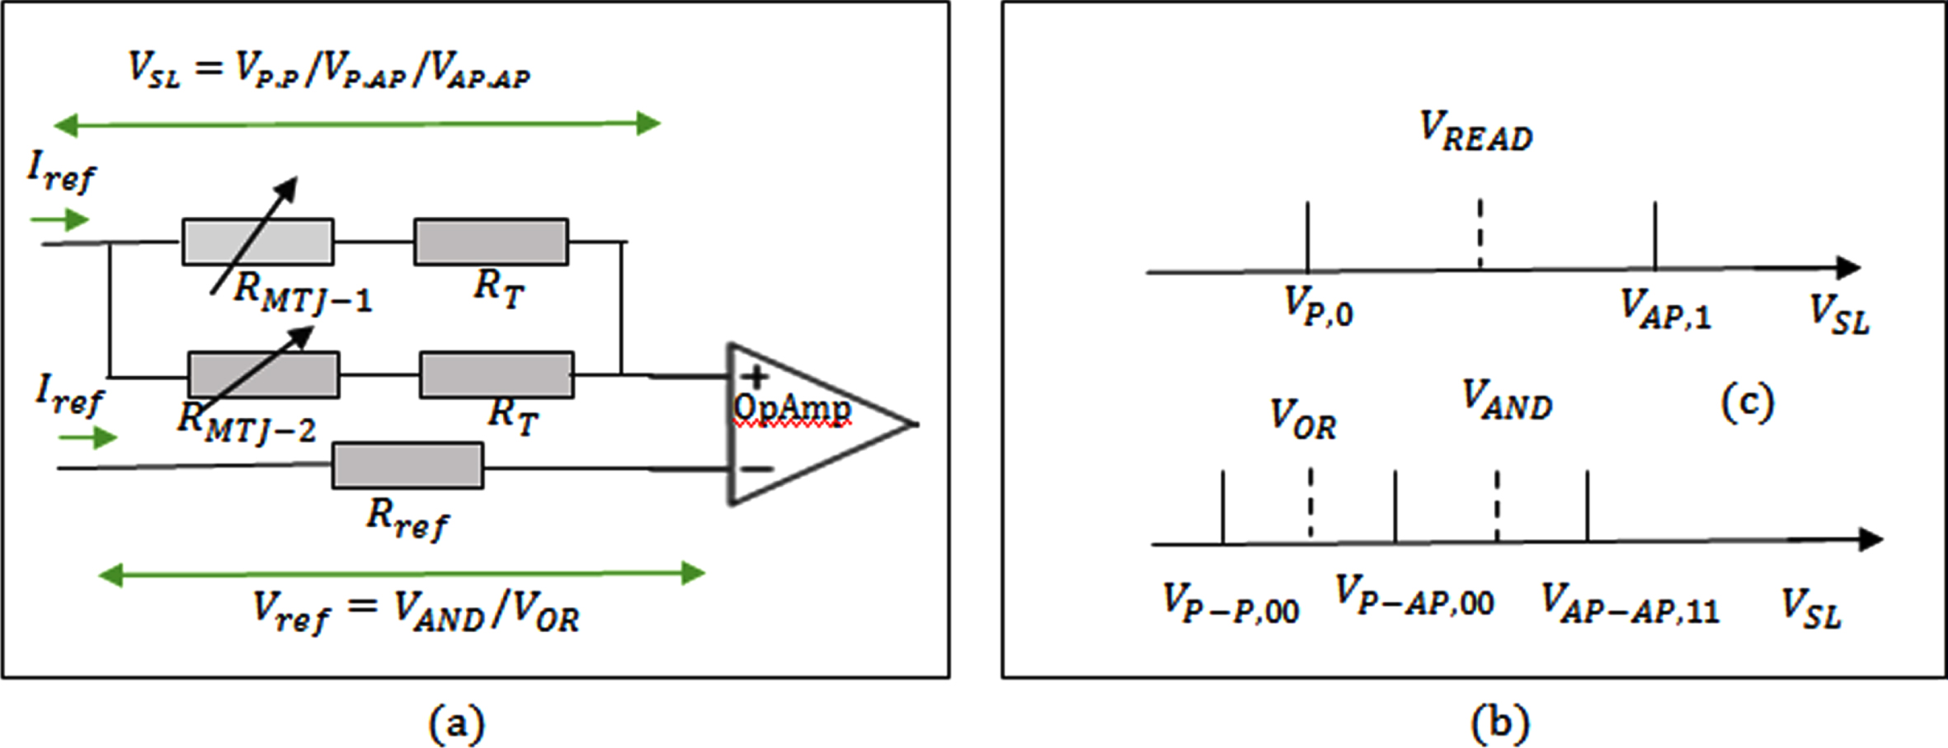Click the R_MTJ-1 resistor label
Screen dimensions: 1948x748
(x=303, y=293)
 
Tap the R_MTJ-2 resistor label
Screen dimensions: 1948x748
(x=247, y=422)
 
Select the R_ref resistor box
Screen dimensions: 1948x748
(x=407, y=466)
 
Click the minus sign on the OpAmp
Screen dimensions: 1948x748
(x=757, y=469)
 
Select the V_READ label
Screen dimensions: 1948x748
(x=1475, y=132)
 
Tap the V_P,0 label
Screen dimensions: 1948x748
(x=1319, y=306)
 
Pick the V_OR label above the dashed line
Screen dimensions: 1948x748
(x=1303, y=419)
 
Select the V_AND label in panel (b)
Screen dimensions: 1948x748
(x=1507, y=400)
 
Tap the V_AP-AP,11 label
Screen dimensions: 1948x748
(x=1630, y=603)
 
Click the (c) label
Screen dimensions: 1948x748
(x=1748, y=403)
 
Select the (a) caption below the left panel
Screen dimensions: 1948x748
(x=456, y=725)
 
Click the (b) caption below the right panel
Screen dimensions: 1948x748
(x=1500, y=723)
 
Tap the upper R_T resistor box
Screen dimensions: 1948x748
(x=491, y=242)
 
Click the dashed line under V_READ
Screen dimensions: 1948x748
(x=1480, y=233)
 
